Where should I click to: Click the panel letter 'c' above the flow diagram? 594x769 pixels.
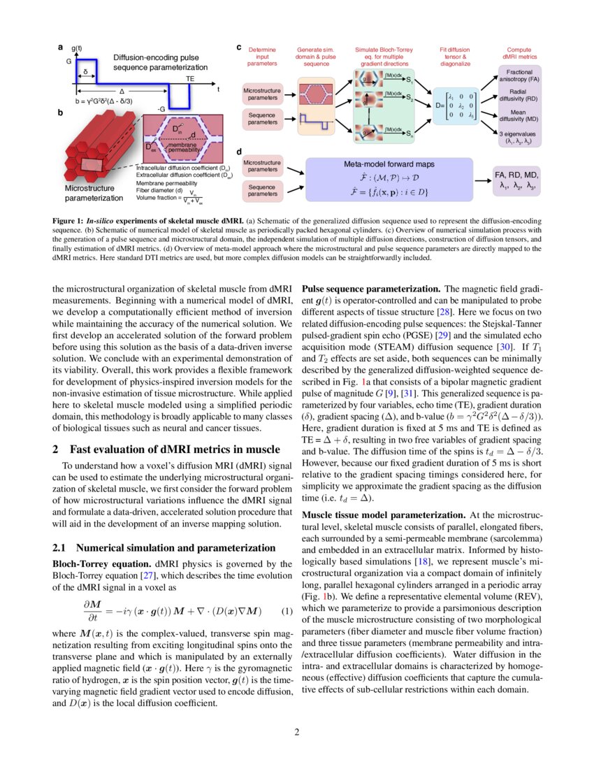click(239, 48)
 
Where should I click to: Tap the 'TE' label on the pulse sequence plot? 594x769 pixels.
click(190, 80)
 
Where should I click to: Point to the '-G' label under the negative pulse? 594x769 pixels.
click(161, 109)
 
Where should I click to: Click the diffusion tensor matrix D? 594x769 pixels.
click(454, 106)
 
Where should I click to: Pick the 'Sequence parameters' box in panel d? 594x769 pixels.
click(263, 189)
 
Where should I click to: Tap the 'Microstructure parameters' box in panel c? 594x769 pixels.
click(263, 94)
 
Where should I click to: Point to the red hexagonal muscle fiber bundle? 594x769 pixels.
click(91, 150)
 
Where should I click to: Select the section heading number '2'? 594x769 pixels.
click(56, 449)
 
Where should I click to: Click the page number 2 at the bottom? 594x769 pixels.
click(297, 733)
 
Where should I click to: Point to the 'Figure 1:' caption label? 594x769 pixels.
click(68, 222)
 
